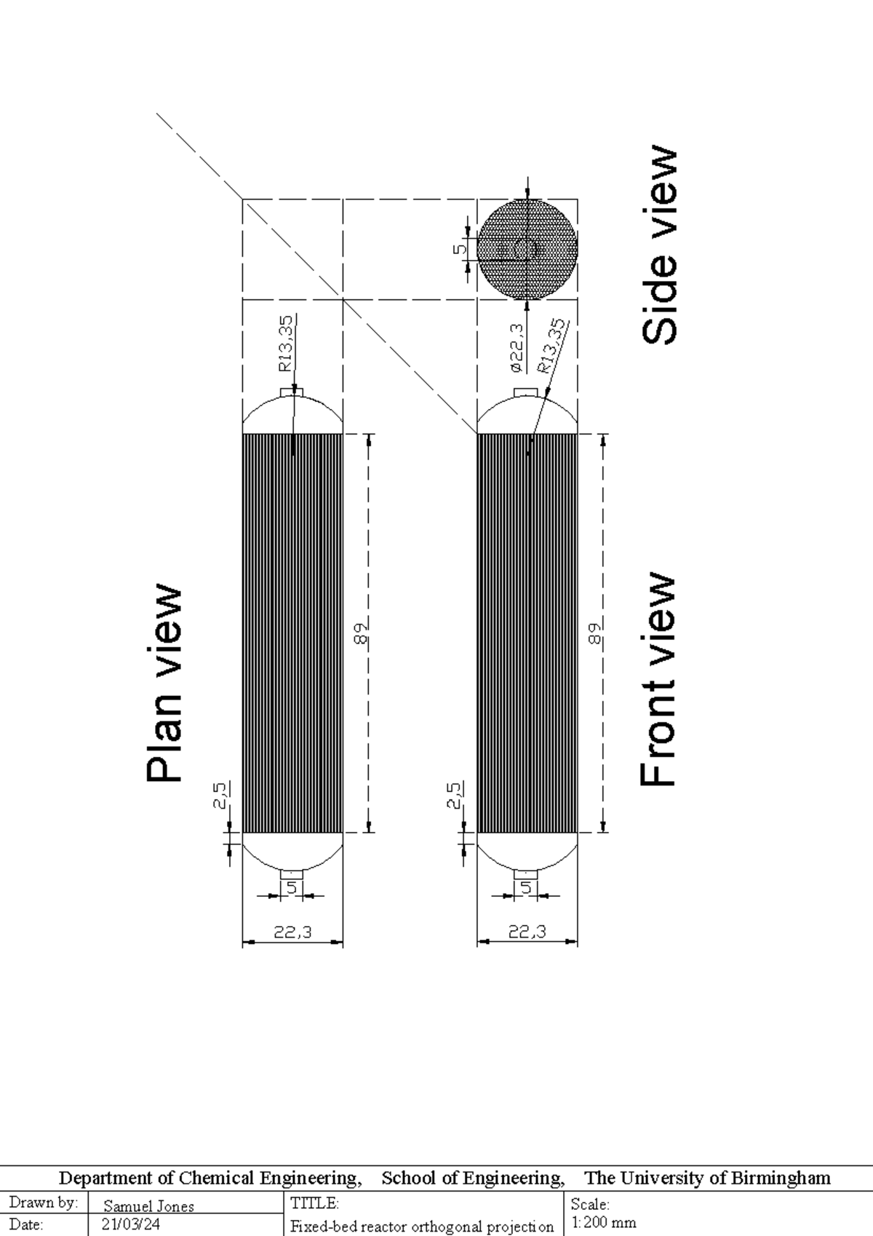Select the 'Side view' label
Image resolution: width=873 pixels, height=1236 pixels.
661,246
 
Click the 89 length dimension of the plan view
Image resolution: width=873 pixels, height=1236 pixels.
362,633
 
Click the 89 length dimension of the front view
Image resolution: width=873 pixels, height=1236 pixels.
595,633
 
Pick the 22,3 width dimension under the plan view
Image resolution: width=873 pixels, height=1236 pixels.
292,932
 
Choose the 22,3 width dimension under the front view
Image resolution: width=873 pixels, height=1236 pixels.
527,932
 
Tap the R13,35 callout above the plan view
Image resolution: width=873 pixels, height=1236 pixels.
286,343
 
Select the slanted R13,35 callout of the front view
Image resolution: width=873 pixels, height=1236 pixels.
552,345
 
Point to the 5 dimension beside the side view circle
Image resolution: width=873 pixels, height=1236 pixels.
461,249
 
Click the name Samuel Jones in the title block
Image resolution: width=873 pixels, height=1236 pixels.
149,1206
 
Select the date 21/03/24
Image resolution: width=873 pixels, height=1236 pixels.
131,1225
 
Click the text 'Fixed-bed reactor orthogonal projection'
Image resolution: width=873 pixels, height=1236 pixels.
422,1227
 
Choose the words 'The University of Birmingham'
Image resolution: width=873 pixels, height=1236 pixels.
707,1178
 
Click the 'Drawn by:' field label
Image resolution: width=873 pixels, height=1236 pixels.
43,1203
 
